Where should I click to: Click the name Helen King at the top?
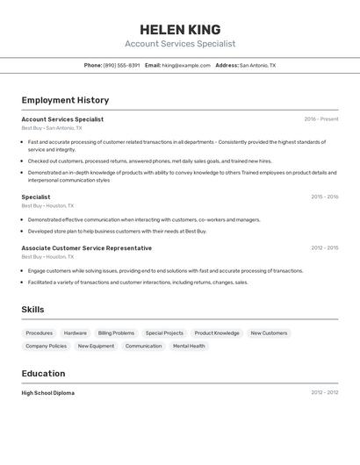(x=180, y=30)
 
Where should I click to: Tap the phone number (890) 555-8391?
(x=121, y=65)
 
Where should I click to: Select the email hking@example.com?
(x=186, y=65)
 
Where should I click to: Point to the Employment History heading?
(x=65, y=100)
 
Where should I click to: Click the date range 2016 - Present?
(x=320, y=119)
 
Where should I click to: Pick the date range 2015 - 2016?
(x=324, y=197)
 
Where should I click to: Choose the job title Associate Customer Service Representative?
(x=86, y=248)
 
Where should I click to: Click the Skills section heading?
(x=32, y=310)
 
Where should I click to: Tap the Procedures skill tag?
(x=39, y=333)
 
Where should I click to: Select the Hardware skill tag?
(x=76, y=333)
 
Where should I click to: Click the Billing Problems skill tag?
(x=116, y=333)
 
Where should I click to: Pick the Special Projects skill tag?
(x=164, y=333)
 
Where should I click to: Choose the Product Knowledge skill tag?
(x=217, y=333)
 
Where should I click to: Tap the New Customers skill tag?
(x=269, y=333)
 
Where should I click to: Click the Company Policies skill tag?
(x=46, y=346)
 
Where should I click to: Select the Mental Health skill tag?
(x=189, y=346)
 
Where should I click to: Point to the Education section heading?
(x=43, y=373)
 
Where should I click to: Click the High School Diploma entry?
(x=47, y=393)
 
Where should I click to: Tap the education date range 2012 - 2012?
(x=324, y=392)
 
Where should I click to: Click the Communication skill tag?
(x=143, y=346)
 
